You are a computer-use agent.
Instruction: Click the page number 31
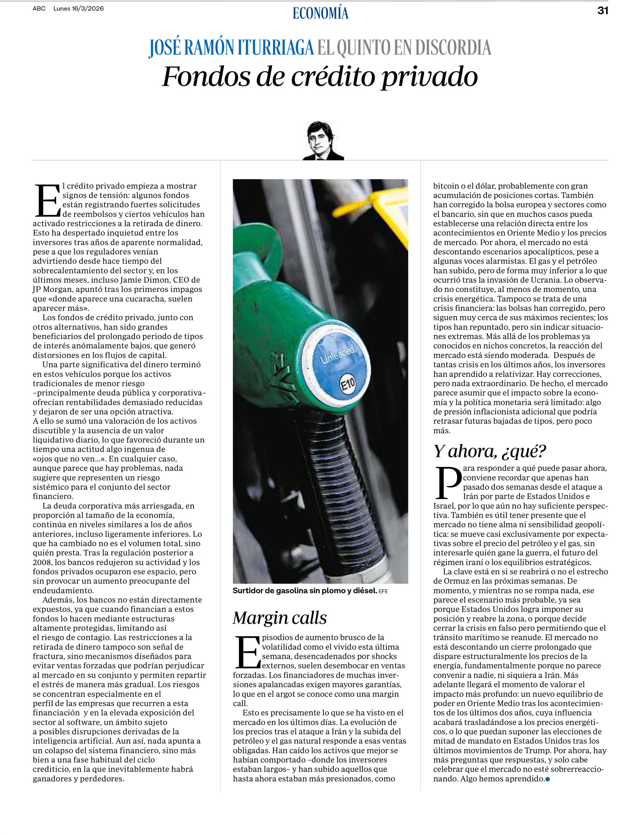(x=603, y=10)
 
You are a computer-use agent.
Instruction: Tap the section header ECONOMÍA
(x=320, y=13)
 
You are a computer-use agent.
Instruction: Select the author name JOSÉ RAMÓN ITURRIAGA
(x=231, y=48)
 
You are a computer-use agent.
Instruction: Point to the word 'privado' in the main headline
(x=429, y=77)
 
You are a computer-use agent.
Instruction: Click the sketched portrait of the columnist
(x=323, y=141)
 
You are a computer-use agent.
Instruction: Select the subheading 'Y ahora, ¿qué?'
(x=489, y=451)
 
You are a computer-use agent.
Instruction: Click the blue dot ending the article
(x=547, y=779)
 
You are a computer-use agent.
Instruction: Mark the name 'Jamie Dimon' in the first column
(x=144, y=280)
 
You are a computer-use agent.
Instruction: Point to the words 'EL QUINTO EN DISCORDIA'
(x=404, y=48)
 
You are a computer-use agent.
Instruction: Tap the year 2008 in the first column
(x=41, y=562)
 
